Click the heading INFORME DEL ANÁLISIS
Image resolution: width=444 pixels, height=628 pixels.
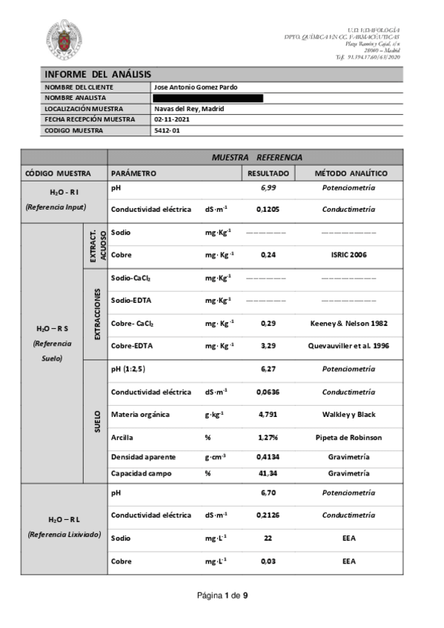(98, 74)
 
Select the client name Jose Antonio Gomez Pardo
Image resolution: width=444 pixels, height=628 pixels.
(196, 87)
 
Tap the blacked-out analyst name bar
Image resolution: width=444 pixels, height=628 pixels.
(208, 98)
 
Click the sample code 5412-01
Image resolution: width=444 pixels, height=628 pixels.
(167, 130)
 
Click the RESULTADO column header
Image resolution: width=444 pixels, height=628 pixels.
(268, 173)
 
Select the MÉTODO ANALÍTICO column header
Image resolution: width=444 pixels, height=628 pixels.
(348, 173)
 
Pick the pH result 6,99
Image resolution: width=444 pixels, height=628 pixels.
(268, 188)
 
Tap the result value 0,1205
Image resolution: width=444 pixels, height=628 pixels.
(268, 210)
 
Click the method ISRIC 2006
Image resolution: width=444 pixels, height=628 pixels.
(348, 255)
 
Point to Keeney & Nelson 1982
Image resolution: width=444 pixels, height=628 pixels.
(348, 324)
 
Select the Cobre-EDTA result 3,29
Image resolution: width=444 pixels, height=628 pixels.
(268, 346)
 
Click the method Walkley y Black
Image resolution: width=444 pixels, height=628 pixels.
(348, 415)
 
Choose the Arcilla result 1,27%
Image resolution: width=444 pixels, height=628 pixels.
(268, 437)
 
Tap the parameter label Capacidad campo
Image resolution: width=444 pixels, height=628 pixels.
(142, 473)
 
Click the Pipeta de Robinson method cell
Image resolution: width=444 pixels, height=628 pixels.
(348, 437)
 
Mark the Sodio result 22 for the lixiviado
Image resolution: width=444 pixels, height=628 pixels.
(268, 537)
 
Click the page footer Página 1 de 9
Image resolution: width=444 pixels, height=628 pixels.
(222, 595)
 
